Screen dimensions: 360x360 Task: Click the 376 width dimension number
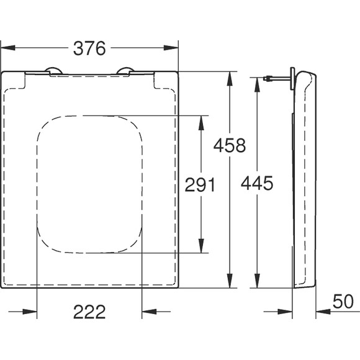click(89, 48)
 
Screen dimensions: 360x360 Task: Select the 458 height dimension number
click(230, 145)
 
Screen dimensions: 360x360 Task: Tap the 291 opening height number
click(200, 184)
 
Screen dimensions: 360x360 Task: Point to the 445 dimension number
click(257, 183)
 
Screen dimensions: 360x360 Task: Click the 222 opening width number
click(89, 312)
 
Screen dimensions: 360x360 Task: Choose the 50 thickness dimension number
click(343, 302)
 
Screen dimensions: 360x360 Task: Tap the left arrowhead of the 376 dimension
click(8, 48)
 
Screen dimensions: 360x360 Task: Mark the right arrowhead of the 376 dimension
click(171, 48)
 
